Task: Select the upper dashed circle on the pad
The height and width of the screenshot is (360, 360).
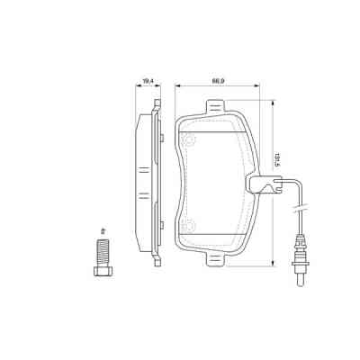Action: [189, 140]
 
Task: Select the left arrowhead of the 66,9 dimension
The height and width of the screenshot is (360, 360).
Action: [177, 87]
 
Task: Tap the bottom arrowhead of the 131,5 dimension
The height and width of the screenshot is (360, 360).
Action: [271, 265]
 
